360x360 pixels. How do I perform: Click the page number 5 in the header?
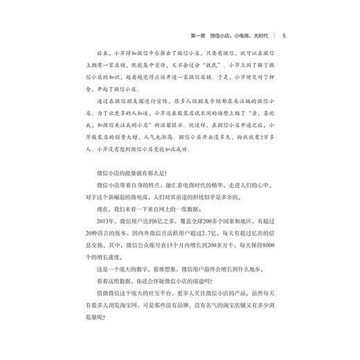(x=285, y=35)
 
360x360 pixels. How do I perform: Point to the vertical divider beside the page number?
(x=276, y=35)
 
